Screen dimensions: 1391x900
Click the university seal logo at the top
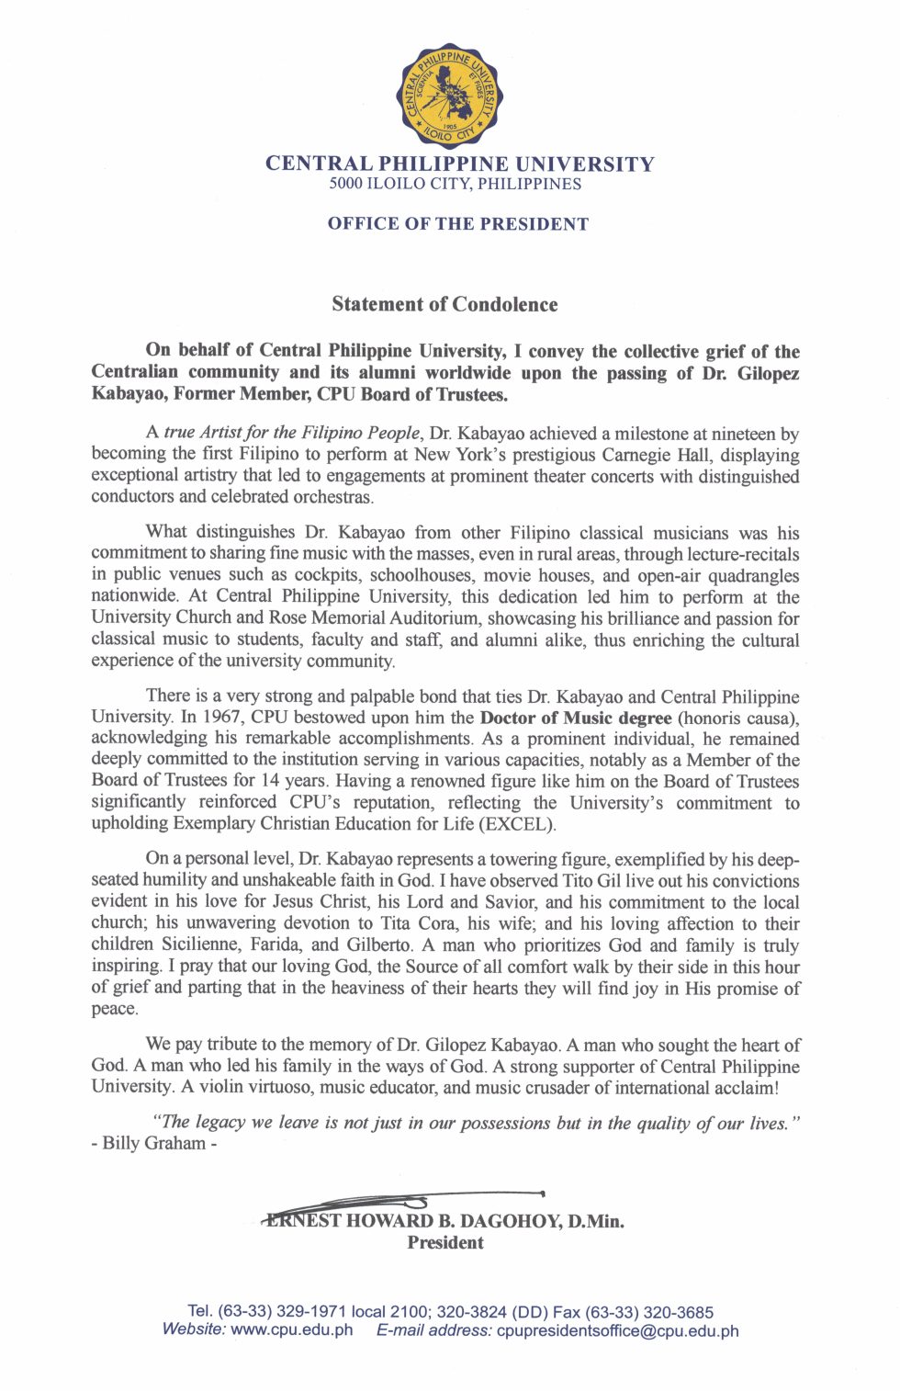click(450, 96)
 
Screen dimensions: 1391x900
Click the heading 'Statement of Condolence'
click(444, 304)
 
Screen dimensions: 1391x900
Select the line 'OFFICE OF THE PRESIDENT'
click(458, 224)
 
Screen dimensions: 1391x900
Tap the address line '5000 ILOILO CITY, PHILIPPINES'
click(456, 184)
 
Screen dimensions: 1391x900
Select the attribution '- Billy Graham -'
click(154, 1144)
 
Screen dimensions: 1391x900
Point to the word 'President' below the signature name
click(445, 1243)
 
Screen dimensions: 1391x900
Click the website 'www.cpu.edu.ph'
click(292, 1330)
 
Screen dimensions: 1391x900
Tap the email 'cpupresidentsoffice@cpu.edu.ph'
click(617, 1330)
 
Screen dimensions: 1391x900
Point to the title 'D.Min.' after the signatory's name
click(595, 1222)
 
